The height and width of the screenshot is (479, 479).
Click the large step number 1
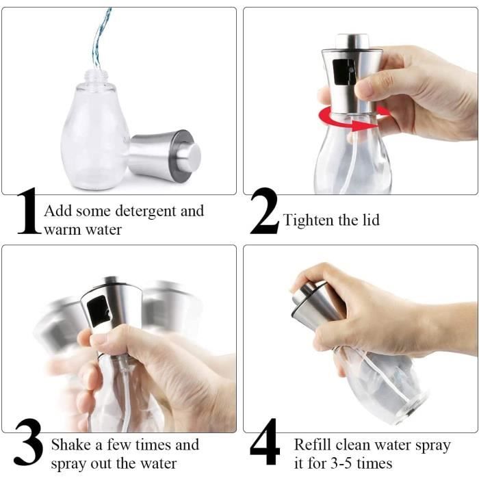[29, 211]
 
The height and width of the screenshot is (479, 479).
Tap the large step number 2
[265, 211]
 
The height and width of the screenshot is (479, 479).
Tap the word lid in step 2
[371, 220]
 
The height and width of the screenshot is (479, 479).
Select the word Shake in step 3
[71, 445]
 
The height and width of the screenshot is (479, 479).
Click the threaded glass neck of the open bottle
[94, 77]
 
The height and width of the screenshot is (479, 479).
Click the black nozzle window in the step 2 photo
[344, 72]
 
